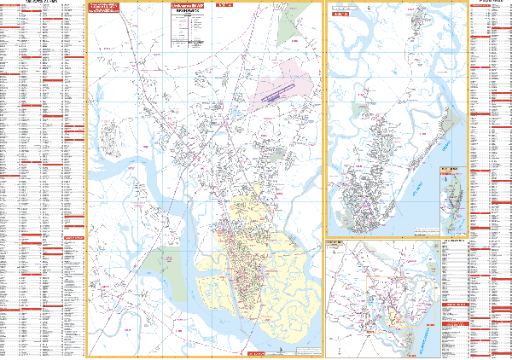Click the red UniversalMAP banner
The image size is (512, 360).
pos(191,7)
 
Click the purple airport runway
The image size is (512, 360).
pos(280,93)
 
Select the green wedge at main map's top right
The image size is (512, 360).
pos(290,26)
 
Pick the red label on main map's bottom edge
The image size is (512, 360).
pos(256,352)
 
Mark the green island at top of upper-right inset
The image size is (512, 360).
pos(416,17)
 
